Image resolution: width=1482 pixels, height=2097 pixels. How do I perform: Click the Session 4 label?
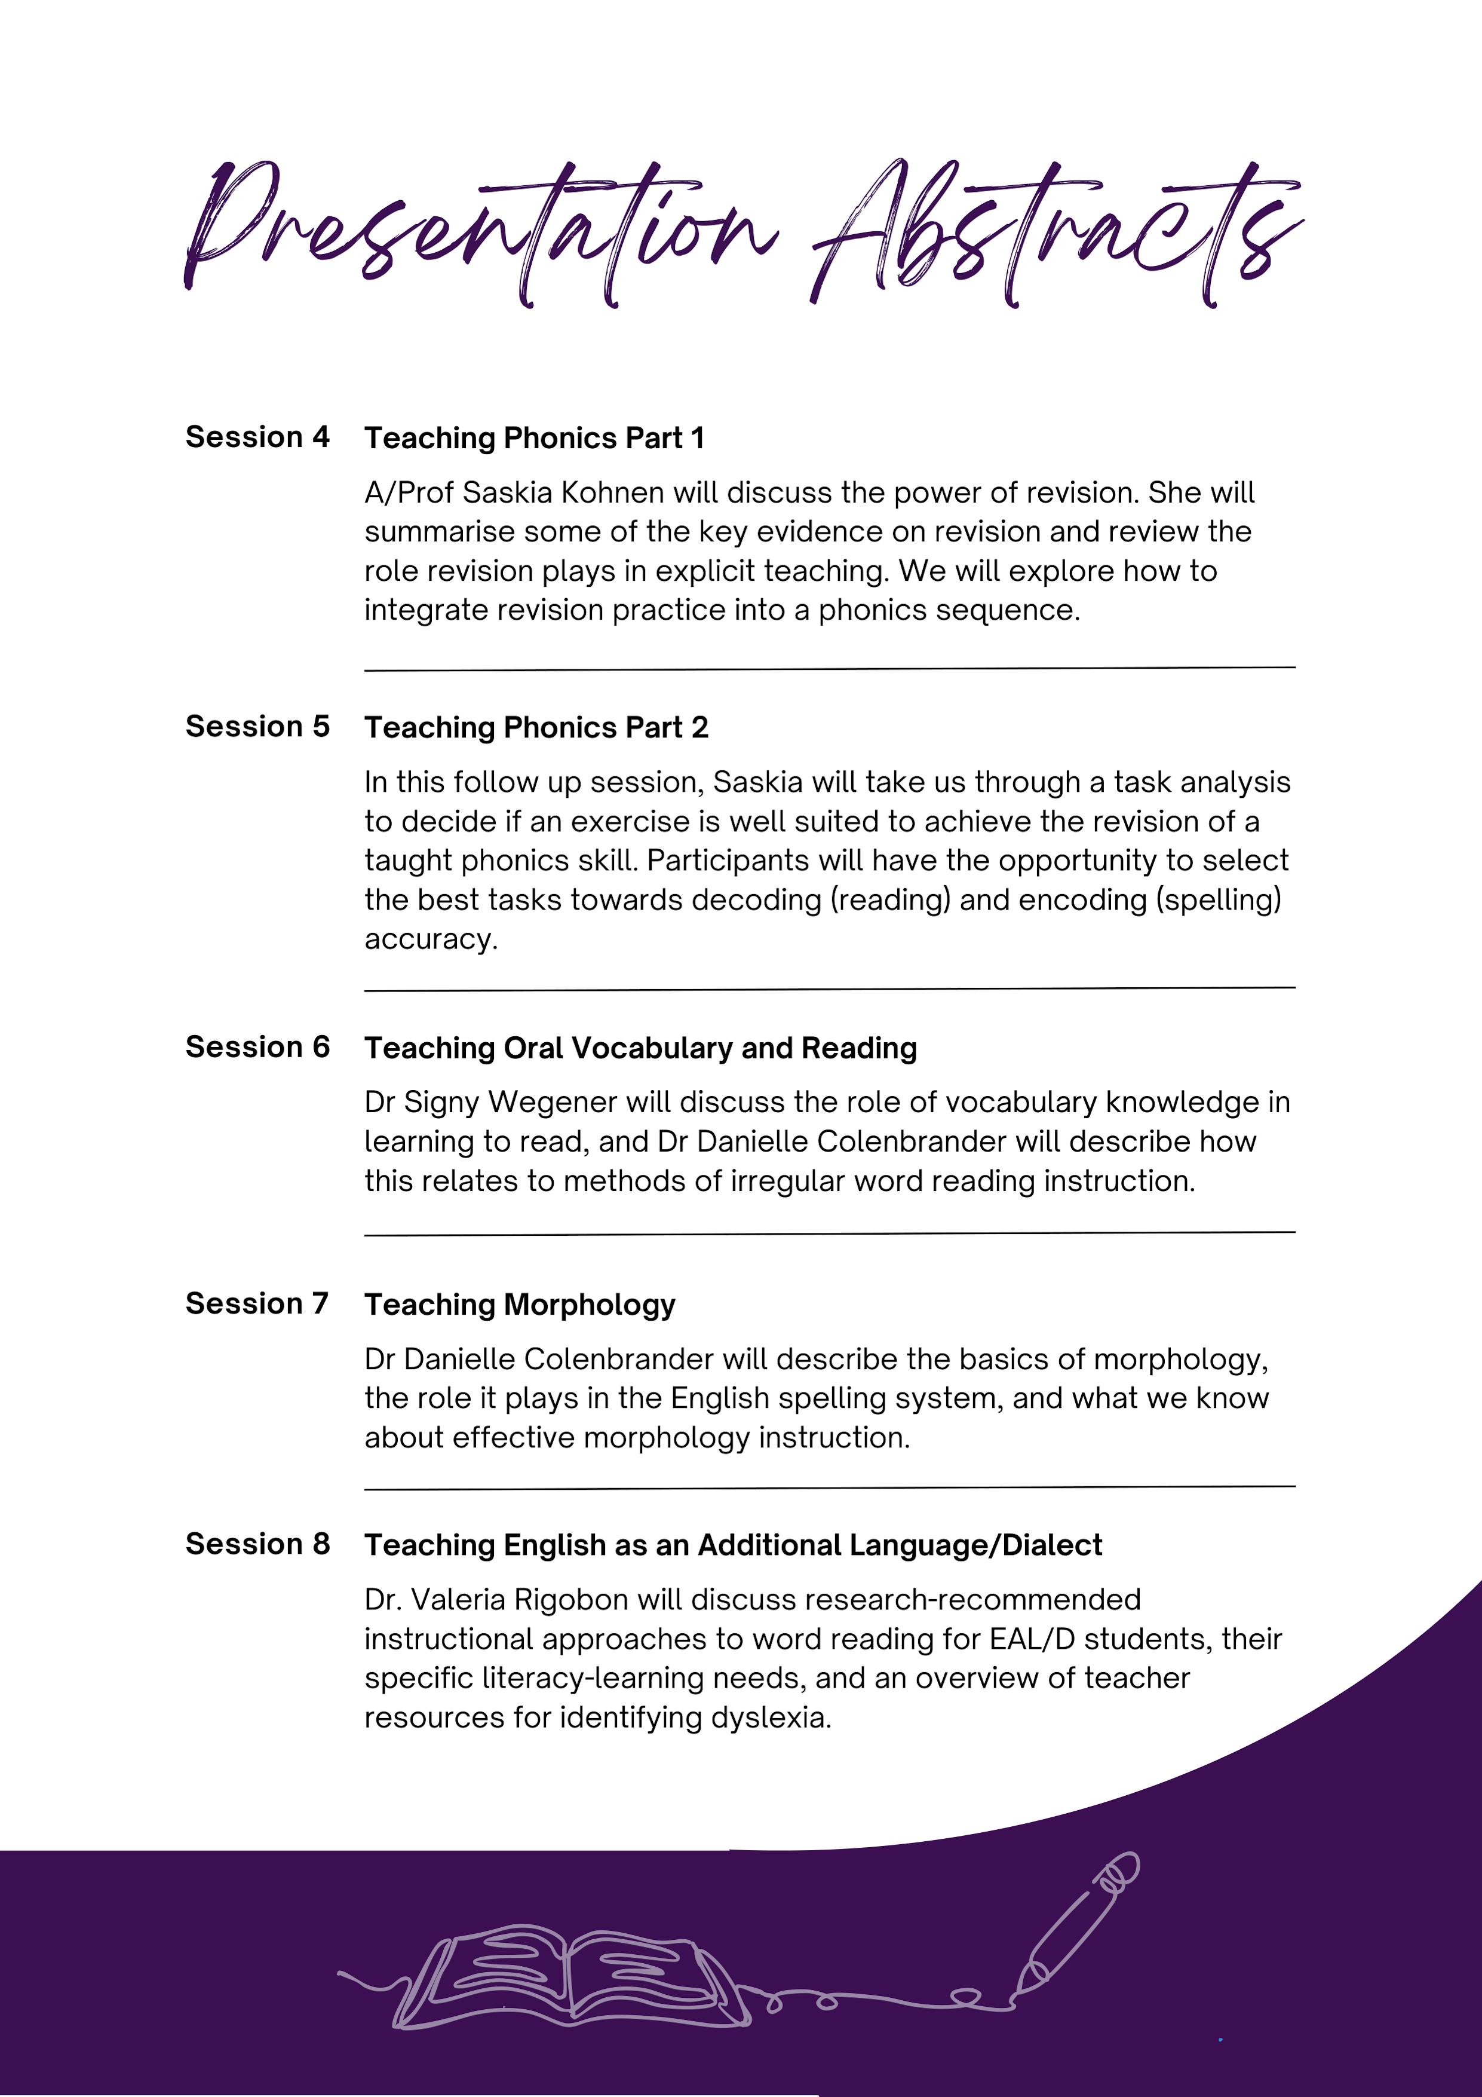257,437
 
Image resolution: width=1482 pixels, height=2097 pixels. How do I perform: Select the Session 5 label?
257,726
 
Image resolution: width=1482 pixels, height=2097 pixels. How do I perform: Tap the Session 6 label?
257,1046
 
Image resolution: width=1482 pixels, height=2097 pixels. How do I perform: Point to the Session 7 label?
257,1303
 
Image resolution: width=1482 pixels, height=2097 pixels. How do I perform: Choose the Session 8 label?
257,1544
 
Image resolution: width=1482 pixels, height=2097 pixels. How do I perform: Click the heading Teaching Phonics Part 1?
534,439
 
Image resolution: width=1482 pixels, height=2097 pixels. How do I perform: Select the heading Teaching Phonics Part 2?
536,728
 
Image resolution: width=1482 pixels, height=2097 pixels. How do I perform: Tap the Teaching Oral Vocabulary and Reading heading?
640,1048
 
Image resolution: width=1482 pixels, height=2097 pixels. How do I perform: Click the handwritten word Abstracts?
1055,233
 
